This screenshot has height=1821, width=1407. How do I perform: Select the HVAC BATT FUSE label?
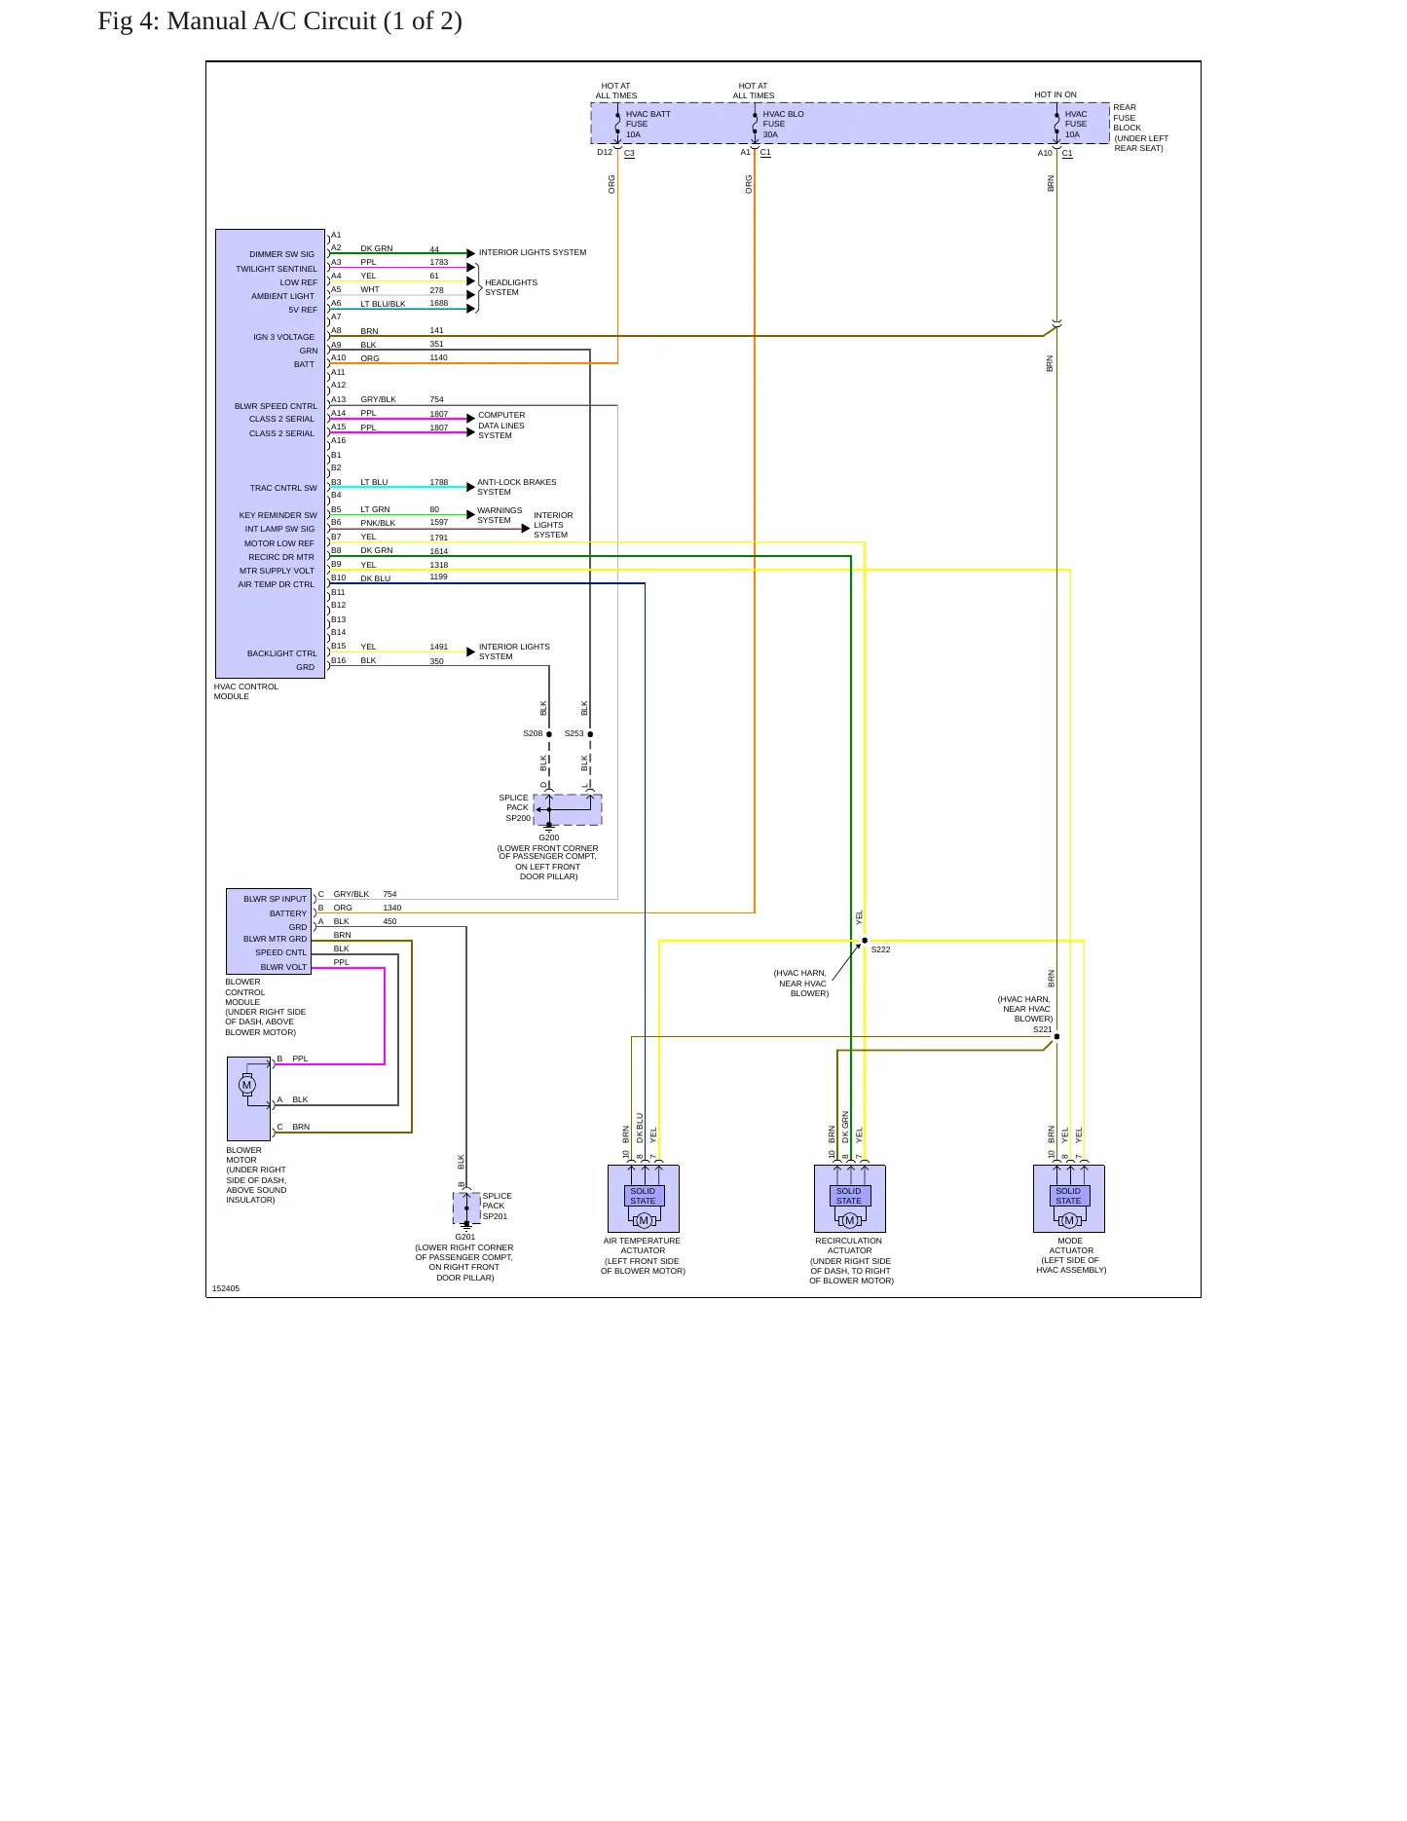coord(648,119)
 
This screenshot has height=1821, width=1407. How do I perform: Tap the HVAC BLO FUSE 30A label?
coord(784,124)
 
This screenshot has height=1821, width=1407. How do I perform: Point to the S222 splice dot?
coord(865,941)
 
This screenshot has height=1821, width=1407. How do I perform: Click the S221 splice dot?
coord(1056,1036)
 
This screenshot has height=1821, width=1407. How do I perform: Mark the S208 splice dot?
coord(549,734)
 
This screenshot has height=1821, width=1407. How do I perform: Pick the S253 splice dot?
coord(590,734)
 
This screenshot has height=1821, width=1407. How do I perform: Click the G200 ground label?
coord(549,837)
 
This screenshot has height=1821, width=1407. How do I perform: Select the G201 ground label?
coord(465,1237)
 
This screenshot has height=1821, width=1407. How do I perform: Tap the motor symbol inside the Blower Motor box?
coord(246,1085)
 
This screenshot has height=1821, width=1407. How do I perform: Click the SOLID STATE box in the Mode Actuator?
coord(1068,1196)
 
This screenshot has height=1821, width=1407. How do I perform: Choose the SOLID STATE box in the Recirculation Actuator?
coord(849,1196)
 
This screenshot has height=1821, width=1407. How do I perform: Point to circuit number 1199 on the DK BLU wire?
coord(439,577)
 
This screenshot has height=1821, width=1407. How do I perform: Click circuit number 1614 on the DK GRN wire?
coord(439,551)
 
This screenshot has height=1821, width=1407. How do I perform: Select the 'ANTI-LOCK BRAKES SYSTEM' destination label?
coord(517,487)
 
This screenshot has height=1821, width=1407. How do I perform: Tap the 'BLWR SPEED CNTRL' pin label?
coord(276,406)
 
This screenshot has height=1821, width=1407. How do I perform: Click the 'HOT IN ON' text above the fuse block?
coord(1055,95)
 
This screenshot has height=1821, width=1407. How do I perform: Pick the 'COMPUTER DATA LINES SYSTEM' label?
coord(501,426)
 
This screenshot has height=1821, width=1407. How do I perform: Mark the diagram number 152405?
coord(226,1288)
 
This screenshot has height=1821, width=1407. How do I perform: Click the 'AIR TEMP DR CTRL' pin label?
coord(277,585)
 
